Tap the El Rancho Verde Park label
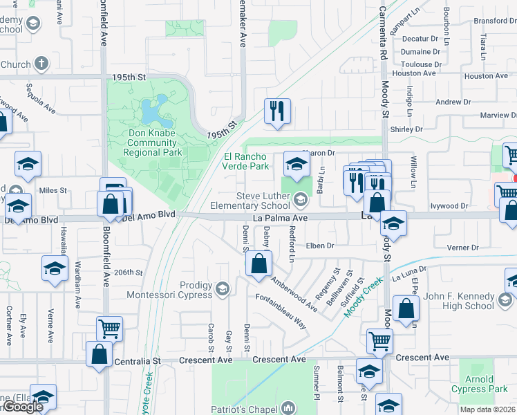(x=245, y=161)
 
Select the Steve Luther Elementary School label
(x=263, y=201)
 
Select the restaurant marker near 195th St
(x=277, y=111)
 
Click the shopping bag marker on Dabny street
(x=258, y=264)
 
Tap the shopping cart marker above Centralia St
(x=109, y=328)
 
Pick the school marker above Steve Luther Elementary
(x=297, y=163)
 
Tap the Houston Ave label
(x=415, y=73)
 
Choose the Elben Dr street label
(x=320, y=246)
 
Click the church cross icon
(x=41, y=64)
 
